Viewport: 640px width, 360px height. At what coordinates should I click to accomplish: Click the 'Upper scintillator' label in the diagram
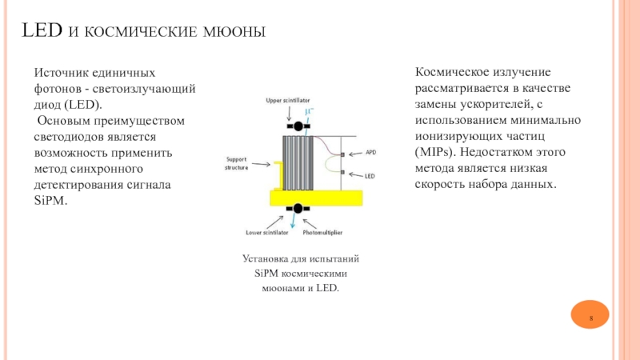[288, 100]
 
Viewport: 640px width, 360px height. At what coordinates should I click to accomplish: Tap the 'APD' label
[370, 152]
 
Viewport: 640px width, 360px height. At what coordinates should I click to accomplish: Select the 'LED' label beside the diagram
[370, 174]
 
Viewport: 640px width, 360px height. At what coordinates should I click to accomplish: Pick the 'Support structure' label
[238, 163]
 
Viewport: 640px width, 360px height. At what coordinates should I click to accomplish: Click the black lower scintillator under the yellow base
[298, 209]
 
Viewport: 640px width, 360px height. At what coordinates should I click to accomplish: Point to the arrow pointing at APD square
[355, 152]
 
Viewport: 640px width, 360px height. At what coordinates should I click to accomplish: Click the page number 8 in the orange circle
[591, 320]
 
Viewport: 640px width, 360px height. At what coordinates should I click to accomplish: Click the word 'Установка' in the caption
[264, 259]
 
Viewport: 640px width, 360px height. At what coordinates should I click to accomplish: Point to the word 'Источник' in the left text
[59, 73]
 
